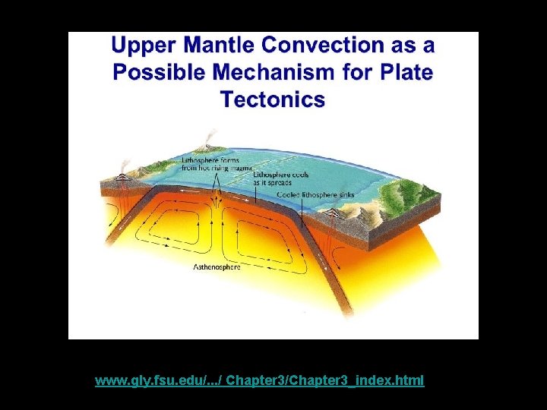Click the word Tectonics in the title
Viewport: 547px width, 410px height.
(x=273, y=99)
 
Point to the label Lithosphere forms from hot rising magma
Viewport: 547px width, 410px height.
(x=210, y=165)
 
